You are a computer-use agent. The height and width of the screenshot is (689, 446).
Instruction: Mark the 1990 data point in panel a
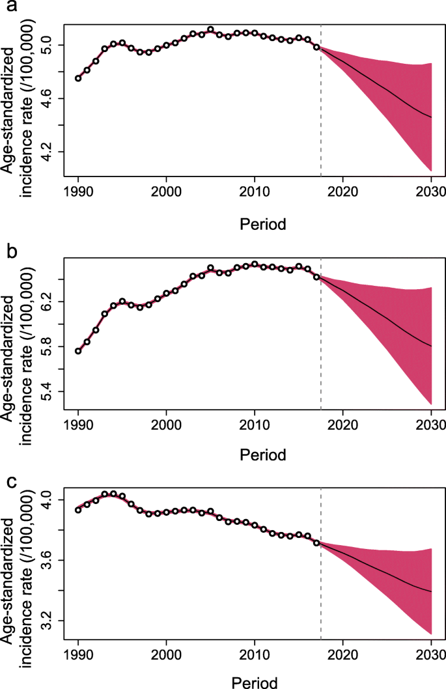78,78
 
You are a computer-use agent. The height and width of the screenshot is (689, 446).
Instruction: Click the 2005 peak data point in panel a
210,29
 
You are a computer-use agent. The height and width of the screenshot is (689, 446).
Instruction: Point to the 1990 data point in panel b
78,351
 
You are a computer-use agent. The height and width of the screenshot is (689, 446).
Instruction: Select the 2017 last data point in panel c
316,542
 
